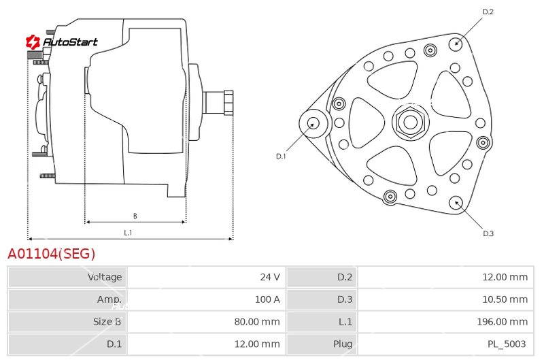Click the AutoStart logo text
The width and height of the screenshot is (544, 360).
point(70,42)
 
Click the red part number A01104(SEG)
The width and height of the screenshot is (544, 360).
point(52,254)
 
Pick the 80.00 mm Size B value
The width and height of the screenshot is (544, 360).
point(257,321)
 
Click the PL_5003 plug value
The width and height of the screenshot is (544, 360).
point(507,344)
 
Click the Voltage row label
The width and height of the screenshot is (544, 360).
point(105,277)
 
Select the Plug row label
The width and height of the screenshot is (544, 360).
point(343,344)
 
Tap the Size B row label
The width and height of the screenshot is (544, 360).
point(107,321)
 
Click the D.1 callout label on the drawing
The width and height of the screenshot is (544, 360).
point(281,157)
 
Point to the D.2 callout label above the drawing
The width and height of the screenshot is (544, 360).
point(488,12)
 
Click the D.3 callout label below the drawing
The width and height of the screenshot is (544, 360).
point(488,233)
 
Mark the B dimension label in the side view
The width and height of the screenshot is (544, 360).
point(135,216)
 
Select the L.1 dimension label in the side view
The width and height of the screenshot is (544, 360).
point(128,233)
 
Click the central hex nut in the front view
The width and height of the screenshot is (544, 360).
point(411,122)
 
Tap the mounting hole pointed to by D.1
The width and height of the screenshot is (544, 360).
point(313,124)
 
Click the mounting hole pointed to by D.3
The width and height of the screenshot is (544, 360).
point(456,203)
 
